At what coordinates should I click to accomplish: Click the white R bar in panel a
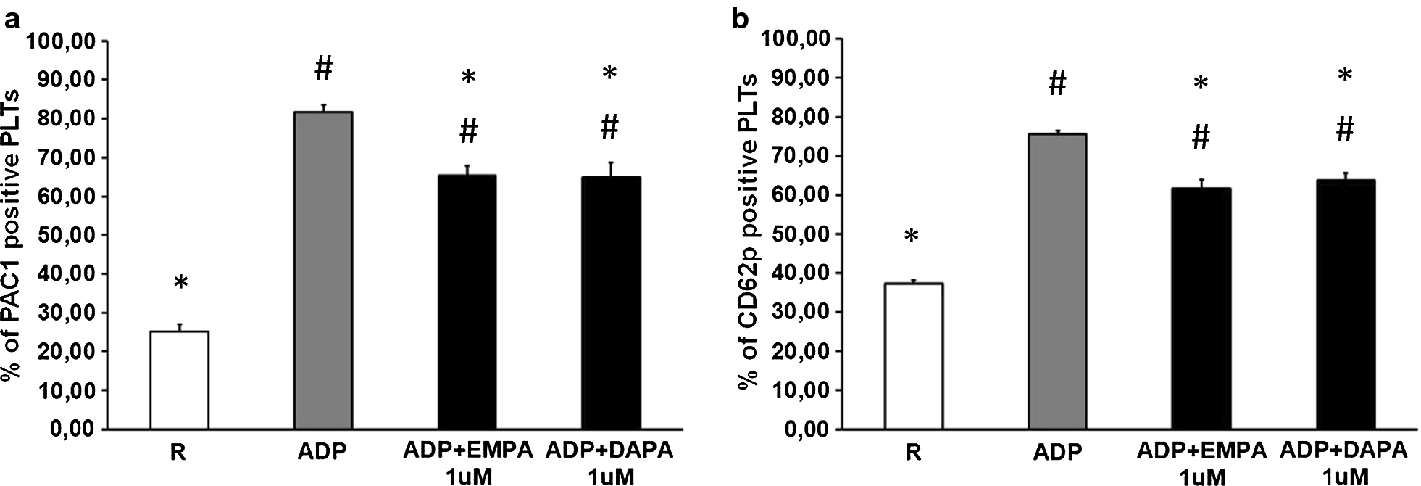[179, 380]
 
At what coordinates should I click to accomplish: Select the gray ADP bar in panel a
[322, 270]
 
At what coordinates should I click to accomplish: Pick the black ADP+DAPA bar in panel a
[611, 302]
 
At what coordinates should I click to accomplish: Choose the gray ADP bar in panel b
[1057, 281]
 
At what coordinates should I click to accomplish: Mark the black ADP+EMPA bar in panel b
[1201, 308]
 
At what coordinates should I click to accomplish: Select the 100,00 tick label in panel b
[791, 41]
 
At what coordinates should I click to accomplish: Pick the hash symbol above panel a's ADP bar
[323, 70]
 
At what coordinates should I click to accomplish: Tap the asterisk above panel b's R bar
[912, 237]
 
